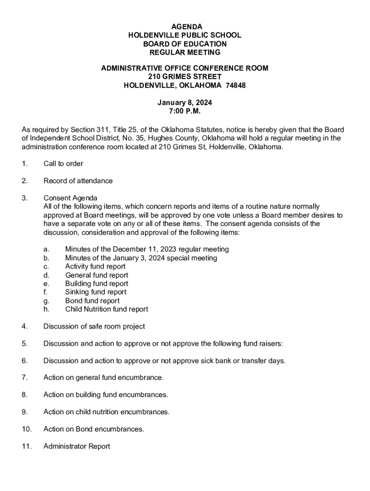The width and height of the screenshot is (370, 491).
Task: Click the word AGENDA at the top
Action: coord(185,26)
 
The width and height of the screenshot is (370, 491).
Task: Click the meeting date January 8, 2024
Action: coord(185,103)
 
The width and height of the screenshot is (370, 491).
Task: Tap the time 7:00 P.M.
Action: coord(185,111)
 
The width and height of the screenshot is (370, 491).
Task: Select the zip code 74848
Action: coord(235,85)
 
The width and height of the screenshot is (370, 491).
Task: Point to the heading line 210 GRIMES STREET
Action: coord(185,77)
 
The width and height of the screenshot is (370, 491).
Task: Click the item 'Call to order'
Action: coord(63,164)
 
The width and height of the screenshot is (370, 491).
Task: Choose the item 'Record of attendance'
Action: coord(78,181)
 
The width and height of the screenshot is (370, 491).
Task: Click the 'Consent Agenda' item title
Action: coord(70,198)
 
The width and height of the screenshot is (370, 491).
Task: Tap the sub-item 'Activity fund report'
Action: coord(95,266)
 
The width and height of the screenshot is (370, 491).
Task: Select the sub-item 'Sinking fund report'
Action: coord(96,292)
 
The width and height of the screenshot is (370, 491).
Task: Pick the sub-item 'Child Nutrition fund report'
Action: coord(107,309)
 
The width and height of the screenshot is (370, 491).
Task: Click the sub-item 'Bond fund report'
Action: coord(92,301)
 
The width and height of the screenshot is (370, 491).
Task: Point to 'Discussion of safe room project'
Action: coord(94,327)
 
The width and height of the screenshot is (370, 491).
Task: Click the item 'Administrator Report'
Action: coord(76,446)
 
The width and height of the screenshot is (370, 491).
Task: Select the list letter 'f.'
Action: coord(45,292)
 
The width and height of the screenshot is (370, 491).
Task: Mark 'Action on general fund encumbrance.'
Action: coord(103,378)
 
